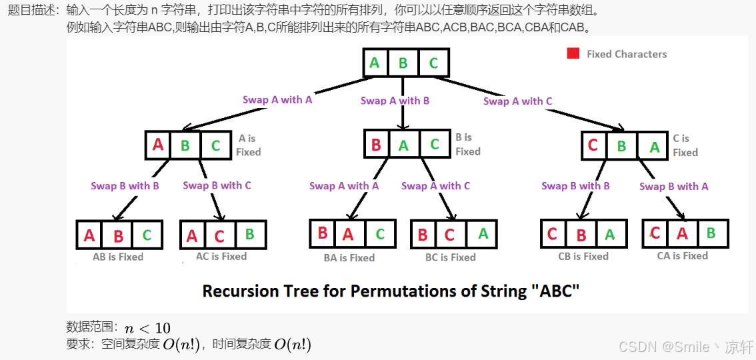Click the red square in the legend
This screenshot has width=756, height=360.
tap(573, 54)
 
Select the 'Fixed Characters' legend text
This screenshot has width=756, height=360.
tap(627, 54)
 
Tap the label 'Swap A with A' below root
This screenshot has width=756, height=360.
tap(277, 99)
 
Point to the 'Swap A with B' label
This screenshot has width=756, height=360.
tap(395, 101)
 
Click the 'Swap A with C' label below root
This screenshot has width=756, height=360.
tap(518, 101)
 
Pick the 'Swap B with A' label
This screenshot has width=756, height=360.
tap(673, 187)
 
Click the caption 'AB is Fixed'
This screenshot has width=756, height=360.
tap(118, 256)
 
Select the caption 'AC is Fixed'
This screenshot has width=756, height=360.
tap(221, 256)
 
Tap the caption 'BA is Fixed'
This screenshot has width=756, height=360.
tap(349, 257)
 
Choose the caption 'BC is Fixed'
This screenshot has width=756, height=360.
tap(451, 257)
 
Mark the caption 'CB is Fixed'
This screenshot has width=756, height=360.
tap(583, 256)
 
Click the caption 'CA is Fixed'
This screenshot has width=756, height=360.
tap(683, 255)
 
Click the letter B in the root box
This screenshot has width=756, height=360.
tap(403, 63)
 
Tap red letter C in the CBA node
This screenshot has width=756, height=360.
tap(593, 145)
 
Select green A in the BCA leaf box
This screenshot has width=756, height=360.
tap(483, 234)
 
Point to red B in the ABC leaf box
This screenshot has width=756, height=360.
tap(119, 235)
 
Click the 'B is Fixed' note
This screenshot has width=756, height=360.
tap(468, 145)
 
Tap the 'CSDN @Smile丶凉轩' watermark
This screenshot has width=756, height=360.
tap(686, 347)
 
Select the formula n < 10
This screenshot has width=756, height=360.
tap(147, 328)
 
